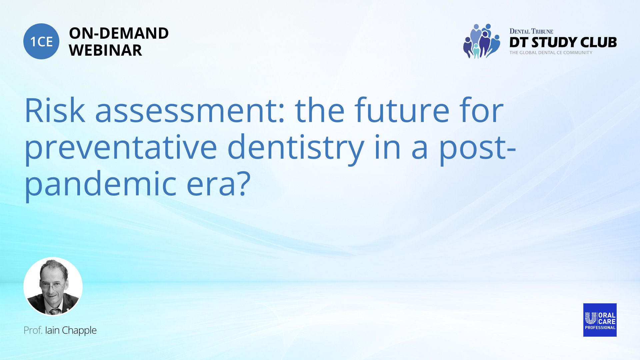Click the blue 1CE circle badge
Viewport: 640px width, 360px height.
tap(41, 41)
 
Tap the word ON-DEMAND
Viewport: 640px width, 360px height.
tap(119, 33)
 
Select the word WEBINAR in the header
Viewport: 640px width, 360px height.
tap(106, 50)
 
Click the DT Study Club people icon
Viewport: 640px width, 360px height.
tap(482, 41)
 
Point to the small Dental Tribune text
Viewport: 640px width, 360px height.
tap(531, 31)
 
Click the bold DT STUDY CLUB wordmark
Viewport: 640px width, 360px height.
tap(563, 42)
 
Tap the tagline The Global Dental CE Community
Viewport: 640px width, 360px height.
tap(551, 53)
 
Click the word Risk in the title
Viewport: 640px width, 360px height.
tap(55, 110)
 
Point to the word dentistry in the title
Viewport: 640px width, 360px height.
tap(296, 148)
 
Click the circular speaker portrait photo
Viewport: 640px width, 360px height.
tap(53, 287)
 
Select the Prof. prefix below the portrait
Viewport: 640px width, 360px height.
tap(33, 330)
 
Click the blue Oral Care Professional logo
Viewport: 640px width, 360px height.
tap(600, 320)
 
